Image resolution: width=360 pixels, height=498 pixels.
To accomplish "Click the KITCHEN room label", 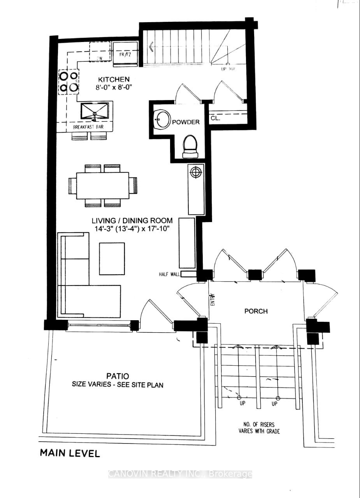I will tap(113, 80).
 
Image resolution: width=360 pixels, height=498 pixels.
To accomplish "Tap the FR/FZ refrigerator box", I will tap(125, 54).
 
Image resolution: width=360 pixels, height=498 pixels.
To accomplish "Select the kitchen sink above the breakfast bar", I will tap(95, 111).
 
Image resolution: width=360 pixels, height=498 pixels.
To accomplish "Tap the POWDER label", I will tap(186, 122).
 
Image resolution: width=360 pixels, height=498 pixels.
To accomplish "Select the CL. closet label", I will tap(215, 118).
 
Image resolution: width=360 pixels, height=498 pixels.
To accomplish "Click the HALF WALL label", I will tap(169, 274).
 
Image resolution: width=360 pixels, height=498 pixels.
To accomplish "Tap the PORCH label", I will tap(256, 311).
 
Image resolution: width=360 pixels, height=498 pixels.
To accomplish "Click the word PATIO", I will tap(117, 376).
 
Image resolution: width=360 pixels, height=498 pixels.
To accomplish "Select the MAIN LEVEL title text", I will tap(70, 453).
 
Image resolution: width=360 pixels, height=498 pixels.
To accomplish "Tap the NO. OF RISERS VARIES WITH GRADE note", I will tap(259, 428).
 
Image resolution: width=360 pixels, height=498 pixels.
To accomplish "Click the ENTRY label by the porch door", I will tap(212, 300).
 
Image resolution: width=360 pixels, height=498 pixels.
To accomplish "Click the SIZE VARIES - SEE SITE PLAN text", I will tap(118, 385).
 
